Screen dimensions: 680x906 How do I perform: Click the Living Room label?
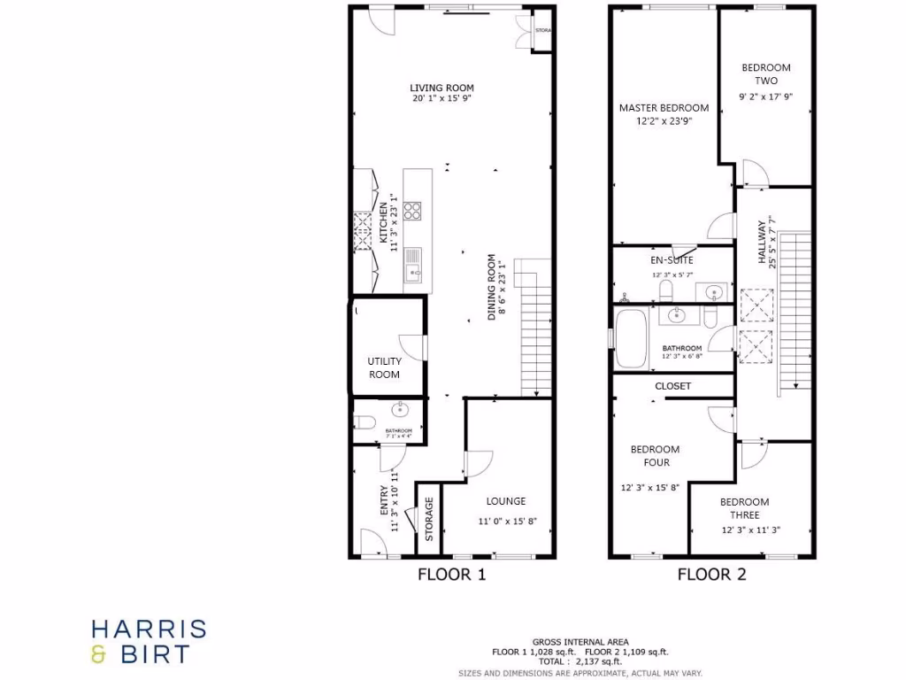click(x=441, y=88)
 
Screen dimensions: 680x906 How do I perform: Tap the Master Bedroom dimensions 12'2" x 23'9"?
click(x=664, y=121)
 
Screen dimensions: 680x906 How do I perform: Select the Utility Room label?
click(x=384, y=367)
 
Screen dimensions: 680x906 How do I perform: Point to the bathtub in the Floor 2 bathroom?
click(x=631, y=338)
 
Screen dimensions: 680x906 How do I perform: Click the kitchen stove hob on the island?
click(x=412, y=211)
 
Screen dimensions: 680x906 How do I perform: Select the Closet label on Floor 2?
click(x=672, y=386)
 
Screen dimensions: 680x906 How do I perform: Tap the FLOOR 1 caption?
click(x=451, y=575)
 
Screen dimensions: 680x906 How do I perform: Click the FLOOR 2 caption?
click(x=711, y=575)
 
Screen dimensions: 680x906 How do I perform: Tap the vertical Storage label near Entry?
click(x=429, y=520)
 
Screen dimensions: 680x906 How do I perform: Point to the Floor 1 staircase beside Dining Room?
click(x=533, y=328)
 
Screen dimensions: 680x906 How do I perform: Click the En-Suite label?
click(x=672, y=260)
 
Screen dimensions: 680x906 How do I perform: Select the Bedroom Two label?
click(x=766, y=74)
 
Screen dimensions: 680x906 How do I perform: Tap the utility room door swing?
click(x=411, y=346)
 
